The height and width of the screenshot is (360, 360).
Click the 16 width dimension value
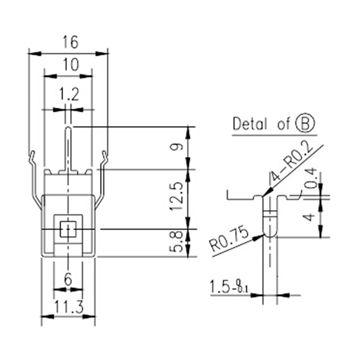[70, 42]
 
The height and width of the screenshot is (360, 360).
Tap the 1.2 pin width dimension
[69, 94]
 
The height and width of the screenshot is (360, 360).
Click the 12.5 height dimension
[177, 197]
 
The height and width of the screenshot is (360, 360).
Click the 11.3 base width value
[68, 308]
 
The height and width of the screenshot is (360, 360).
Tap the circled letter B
[305, 124]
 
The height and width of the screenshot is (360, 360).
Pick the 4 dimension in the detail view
[309, 218]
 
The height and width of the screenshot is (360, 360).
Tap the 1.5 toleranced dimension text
[228, 287]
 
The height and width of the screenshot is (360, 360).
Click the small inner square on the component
[68, 229]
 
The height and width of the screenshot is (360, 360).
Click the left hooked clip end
[32, 155]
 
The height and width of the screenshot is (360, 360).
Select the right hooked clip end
[105, 155]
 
